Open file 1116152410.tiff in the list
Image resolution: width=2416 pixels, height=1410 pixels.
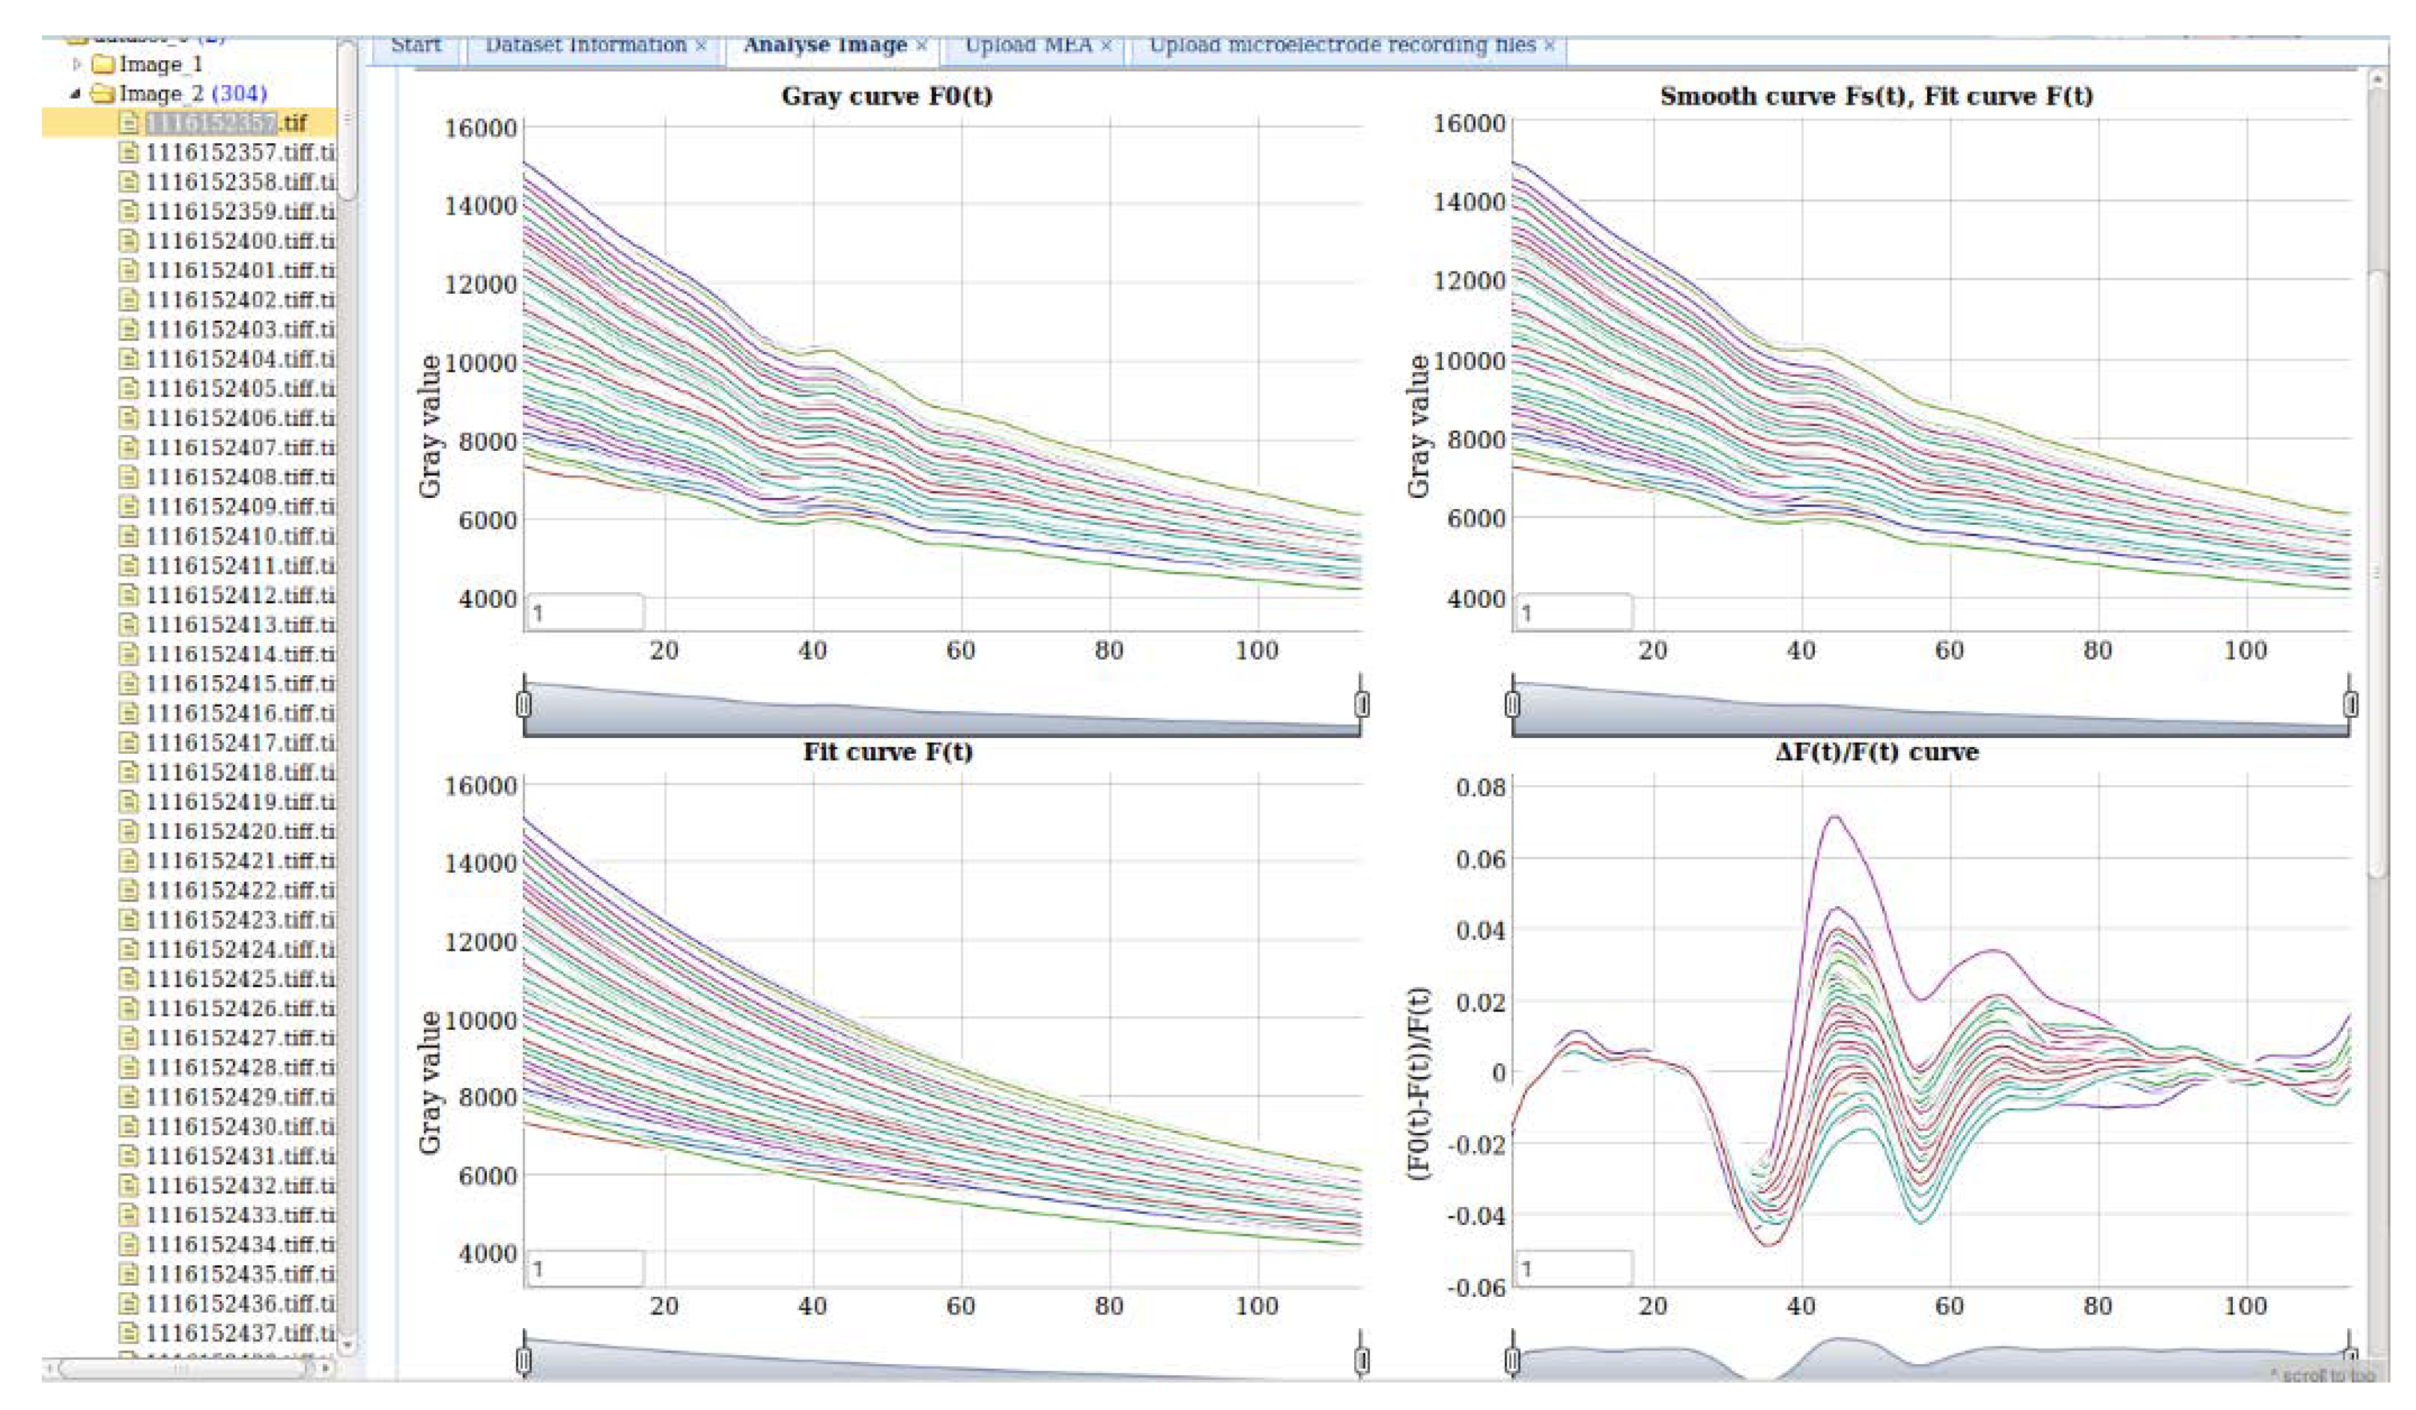[x=239, y=536]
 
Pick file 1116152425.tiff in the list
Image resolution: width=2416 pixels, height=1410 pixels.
[x=239, y=979]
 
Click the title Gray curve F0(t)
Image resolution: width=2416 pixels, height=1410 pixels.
[x=887, y=96]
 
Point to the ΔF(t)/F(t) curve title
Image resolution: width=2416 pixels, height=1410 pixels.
[x=1876, y=752]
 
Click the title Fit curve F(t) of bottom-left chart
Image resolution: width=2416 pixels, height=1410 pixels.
[x=888, y=752]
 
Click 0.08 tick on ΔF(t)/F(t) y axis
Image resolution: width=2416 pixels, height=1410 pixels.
[x=1480, y=788]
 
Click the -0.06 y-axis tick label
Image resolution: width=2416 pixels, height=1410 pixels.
[x=1477, y=1287]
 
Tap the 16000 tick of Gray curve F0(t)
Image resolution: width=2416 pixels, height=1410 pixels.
[x=480, y=128]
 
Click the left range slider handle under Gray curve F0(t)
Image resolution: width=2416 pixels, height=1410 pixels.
[x=523, y=705]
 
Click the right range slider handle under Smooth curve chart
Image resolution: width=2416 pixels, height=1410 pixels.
[x=2350, y=705]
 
